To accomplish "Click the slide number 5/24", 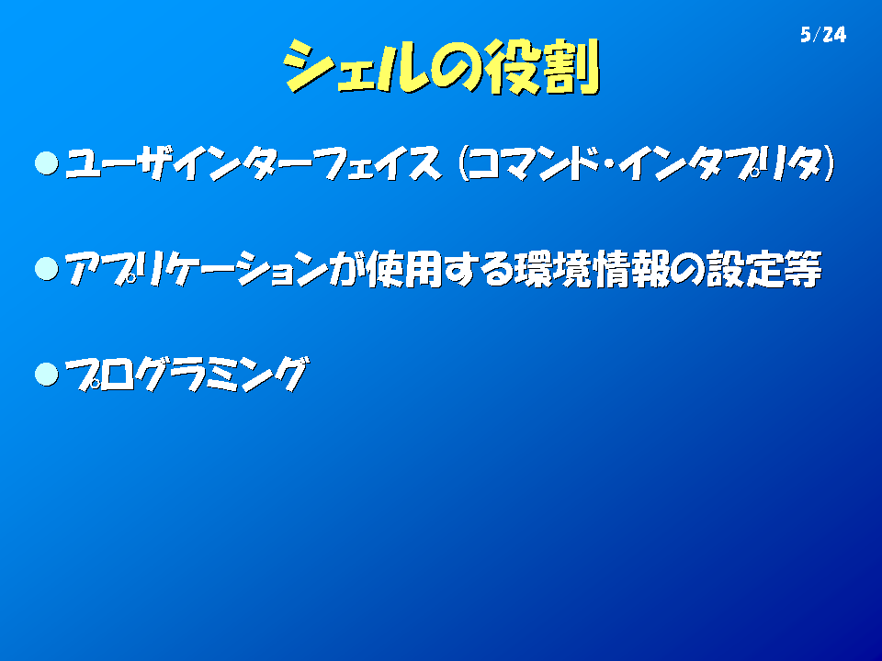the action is (823, 35).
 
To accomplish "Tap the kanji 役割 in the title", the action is (542, 67).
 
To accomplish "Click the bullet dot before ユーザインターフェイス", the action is (47, 163).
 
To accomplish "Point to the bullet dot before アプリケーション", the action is (47, 269).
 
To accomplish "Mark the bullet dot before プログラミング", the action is (47, 375).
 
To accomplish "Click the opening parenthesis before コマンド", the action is (463, 163).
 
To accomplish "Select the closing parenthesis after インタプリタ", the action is (829, 163).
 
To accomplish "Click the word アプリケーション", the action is (197, 269).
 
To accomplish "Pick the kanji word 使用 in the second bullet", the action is (404, 269).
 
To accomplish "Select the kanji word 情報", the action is (632, 269).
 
